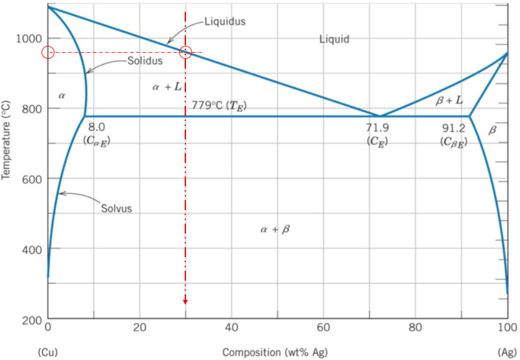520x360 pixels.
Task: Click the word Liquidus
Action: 225,21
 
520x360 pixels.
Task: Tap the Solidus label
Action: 145,61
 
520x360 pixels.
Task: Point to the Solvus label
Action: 117,208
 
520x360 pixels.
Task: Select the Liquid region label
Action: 334,39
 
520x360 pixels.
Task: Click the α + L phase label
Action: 167,87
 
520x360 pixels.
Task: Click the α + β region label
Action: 275,230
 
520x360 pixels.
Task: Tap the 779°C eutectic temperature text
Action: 218,105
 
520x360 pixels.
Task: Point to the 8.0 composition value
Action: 97,127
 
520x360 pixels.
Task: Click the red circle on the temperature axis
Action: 48,53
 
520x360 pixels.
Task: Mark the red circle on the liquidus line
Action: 185,53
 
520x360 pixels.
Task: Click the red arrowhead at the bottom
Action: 185,301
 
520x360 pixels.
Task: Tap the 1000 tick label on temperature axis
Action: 29,38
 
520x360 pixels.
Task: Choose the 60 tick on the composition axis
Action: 323,327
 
